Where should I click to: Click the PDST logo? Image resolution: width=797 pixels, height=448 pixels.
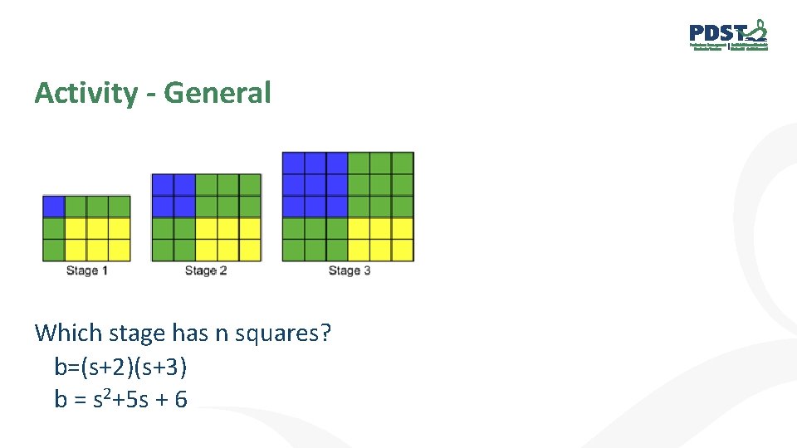(x=728, y=35)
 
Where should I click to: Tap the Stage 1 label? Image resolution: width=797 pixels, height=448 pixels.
(x=87, y=270)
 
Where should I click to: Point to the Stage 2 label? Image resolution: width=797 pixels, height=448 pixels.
(x=206, y=270)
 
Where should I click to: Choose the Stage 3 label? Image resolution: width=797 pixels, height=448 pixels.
(x=349, y=270)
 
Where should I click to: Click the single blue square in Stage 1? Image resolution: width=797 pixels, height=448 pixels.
(x=54, y=206)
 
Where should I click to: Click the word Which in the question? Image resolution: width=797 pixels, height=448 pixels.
(x=67, y=334)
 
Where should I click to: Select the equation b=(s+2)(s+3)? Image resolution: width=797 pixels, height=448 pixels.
(x=127, y=367)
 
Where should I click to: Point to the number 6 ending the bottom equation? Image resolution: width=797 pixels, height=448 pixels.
(x=181, y=400)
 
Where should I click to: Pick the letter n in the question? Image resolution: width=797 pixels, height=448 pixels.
(x=221, y=334)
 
